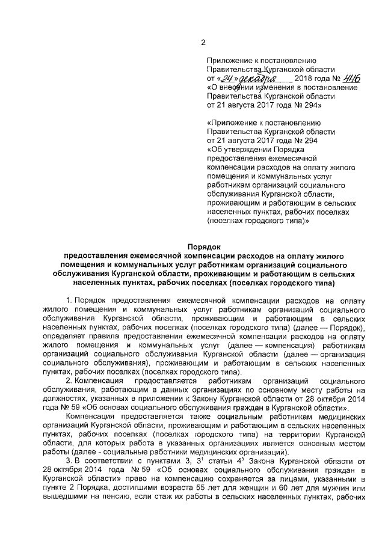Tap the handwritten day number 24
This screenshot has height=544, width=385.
[226, 79]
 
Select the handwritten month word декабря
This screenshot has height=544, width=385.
[254, 79]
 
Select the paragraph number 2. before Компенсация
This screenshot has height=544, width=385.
[69, 381]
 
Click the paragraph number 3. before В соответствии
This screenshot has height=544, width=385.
[69, 460]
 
